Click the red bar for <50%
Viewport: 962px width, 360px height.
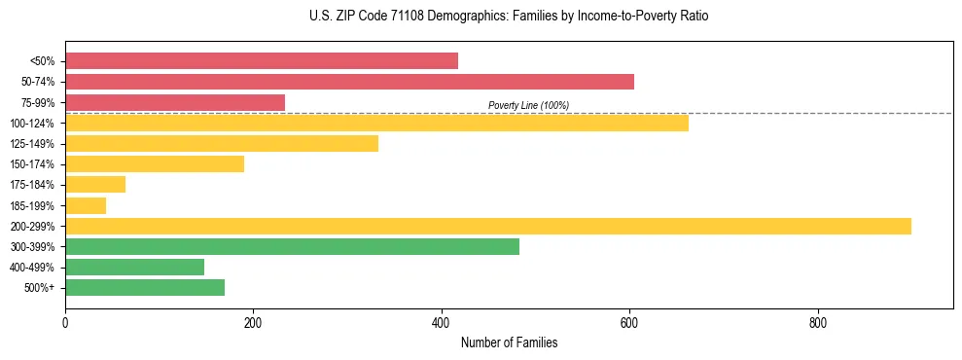pyautogui.click(x=261, y=61)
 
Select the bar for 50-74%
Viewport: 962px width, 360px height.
pyautogui.click(x=349, y=82)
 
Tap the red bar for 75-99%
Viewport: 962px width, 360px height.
pyautogui.click(x=175, y=102)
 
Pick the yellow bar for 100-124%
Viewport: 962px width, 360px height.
pyautogui.click(x=376, y=123)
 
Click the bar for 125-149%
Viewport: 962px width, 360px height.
pyautogui.click(x=222, y=143)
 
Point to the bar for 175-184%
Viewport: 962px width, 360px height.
pyautogui.click(x=95, y=185)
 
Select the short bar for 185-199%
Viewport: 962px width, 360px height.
pyautogui.click(x=86, y=205)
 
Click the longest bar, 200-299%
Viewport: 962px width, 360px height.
pyautogui.click(x=488, y=226)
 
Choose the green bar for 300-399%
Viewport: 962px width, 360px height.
pyautogui.click(x=292, y=246)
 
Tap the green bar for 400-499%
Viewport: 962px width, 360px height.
pyautogui.click(x=134, y=267)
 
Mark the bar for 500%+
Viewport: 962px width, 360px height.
pyautogui.click(x=145, y=287)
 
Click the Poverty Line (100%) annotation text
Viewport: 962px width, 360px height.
pyautogui.click(x=528, y=105)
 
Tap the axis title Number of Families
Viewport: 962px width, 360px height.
pyautogui.click(x=509, y=342)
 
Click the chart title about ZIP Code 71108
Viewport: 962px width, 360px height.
pyautogui.click(x=509, y=17)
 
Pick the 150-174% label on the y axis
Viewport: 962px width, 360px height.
pyautogui.click(x=33, y=164)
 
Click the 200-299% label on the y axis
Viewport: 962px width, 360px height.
pyautogui.click(x=33, y=226)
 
